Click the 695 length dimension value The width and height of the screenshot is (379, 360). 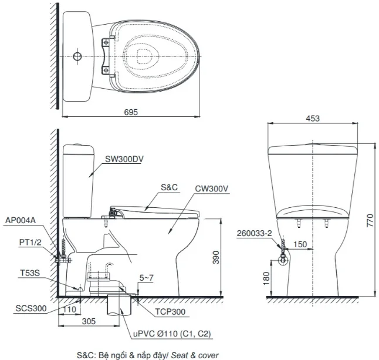(x=131, y=112)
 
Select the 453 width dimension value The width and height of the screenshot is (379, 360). (x=313, y=118)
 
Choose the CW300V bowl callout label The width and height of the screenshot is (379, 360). (x=212, y=189)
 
